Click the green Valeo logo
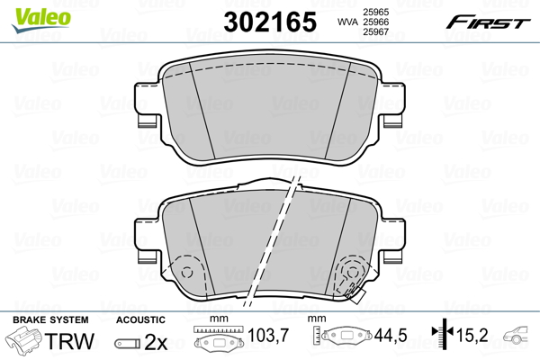pos(41,20)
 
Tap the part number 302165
pos(270,22)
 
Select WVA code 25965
pos(375,12)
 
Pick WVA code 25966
pos(375,22)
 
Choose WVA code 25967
pos(375,32)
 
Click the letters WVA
pos(347,22)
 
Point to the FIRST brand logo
pos(488,22)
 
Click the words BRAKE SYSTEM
pos(50,319)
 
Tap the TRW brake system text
pos(69,341)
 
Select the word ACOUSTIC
pos(140,319)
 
